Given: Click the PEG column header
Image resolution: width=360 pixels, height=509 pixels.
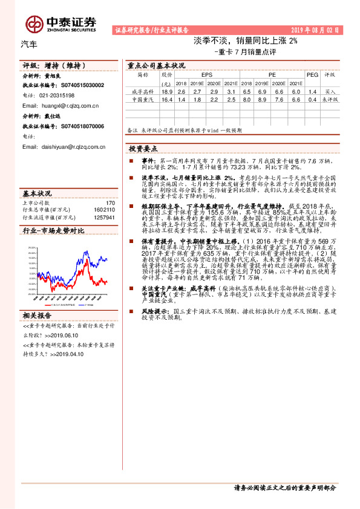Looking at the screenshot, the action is point(312,75).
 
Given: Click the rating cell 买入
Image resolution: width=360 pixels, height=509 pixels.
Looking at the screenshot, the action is point(330,91).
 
